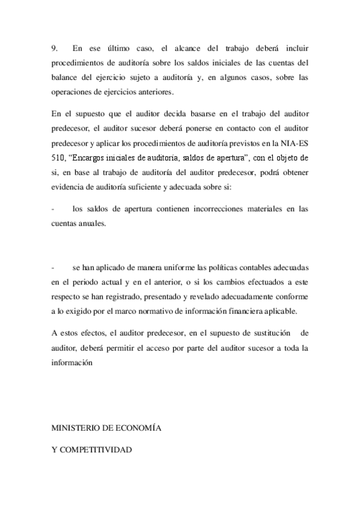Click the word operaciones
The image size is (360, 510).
coord(75,93)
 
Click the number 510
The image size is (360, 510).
coord(59,159)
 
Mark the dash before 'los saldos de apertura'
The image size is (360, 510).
coord(53,209)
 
